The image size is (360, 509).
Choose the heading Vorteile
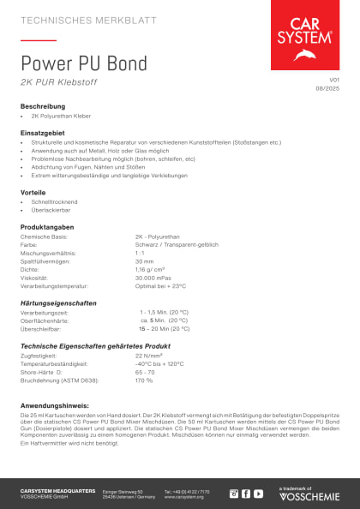[33, 192]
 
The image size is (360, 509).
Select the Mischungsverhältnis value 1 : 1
[140, 253]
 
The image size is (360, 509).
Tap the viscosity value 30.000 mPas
[154, 278]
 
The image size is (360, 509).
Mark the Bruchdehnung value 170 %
[144, 380]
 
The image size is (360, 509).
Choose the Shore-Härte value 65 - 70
[145, 372]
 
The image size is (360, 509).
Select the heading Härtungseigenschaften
[58, 303]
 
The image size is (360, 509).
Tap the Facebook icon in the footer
[245, 494]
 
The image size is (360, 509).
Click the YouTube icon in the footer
[258, 494]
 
